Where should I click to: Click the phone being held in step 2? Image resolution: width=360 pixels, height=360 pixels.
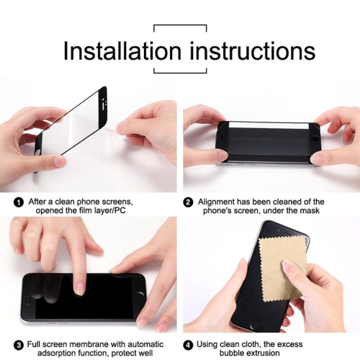pyautogui.click(x=269, y=141)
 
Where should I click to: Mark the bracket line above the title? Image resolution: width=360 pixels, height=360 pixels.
pyautogui.click(x=180, y=26)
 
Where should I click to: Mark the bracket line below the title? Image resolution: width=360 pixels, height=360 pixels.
pyautogui.click(x=180, y=73)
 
